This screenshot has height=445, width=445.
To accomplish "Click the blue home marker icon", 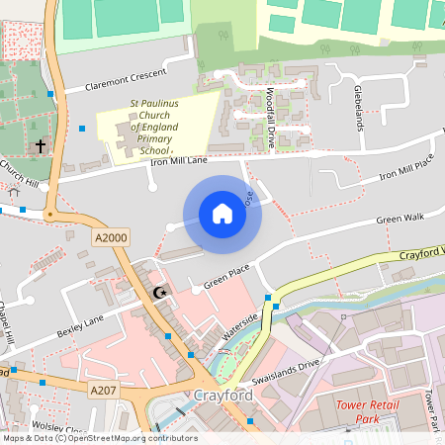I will coord(222,215).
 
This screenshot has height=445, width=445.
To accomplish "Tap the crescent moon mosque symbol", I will coord(160,292).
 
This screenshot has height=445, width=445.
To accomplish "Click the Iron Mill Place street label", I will coord(408,169).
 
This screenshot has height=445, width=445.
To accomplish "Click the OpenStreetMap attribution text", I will coord(99,438).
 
